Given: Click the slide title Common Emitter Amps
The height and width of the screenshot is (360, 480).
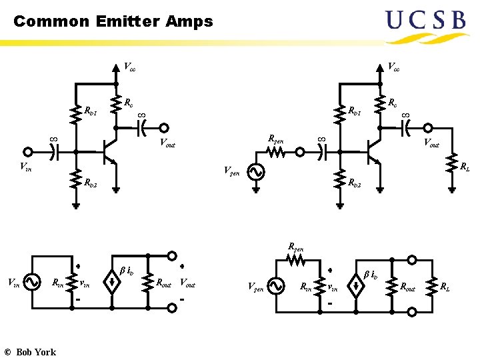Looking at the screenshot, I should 113,21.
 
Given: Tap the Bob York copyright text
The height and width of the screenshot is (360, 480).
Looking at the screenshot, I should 30,351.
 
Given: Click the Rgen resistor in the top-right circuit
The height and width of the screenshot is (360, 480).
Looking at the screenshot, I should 275,151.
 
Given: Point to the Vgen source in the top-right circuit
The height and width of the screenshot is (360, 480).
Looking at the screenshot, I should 255,172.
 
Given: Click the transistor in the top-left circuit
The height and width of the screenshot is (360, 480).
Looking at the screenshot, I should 109,152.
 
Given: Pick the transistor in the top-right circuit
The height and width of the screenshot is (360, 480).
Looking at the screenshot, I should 373,152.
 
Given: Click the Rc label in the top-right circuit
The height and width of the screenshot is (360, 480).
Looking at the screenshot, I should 393,103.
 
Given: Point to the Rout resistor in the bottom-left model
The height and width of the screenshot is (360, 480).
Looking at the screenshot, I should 147,282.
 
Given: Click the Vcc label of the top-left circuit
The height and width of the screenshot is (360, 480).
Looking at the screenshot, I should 129,67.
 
